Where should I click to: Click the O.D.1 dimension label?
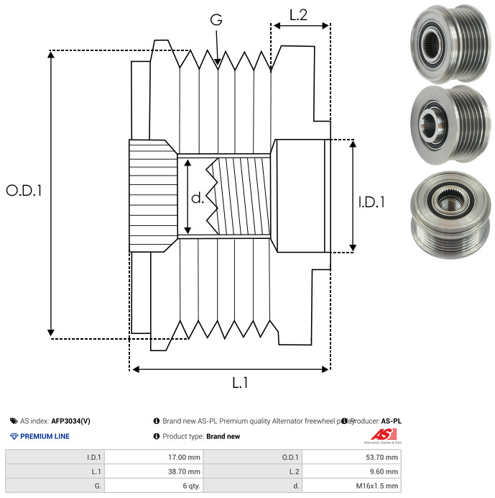pyautogui.click(x=24, y=191)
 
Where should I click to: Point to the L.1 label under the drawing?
pyautogui.click(x=240, y=384)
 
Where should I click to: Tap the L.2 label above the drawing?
pyautogui.click(x=298, y=14)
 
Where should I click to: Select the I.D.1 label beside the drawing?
pyautogui.click(x=371, y=203)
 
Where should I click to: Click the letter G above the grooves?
pyautogui.click(x=216, y=20)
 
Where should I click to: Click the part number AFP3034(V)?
pyautogui.click(x=70, y=421)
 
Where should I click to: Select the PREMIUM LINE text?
pyautogui.click(x=45, y=436)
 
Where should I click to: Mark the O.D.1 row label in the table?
pyautogui.click(x=293, y=456)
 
